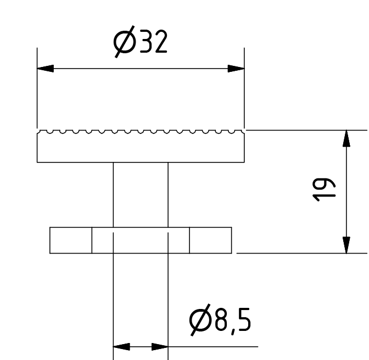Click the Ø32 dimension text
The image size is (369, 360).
click(x=141, y=42)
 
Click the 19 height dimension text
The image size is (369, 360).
click(x=323, y=190)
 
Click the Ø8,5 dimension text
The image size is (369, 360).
click(x=220, y=320)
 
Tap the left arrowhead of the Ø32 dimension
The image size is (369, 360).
click(x=46, y=69)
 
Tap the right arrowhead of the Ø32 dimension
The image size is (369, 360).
click(x=236, y=69)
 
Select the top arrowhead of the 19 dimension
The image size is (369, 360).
click(x=346, y=138)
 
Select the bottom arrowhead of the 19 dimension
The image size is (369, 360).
click(x=346, y=245)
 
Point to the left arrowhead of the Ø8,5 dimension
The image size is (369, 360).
click(x=122, y=347)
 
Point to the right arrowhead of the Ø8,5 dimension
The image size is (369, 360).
click(x=160, y=347)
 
